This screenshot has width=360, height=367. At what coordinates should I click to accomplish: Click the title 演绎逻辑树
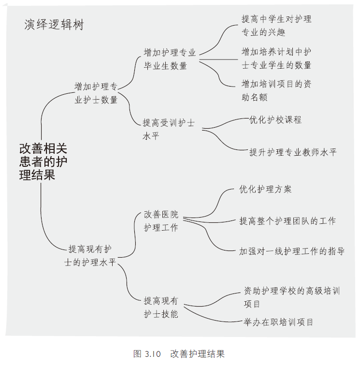(54, 25)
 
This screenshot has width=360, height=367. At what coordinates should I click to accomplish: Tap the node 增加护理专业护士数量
(96, 93)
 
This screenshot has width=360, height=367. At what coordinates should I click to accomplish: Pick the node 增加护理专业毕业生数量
(170, 59)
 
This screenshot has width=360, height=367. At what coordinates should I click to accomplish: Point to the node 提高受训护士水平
(169, 130)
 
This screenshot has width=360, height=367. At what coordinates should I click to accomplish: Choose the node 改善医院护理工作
(161, 221)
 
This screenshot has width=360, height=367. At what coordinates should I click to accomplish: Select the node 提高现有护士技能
(161, 307)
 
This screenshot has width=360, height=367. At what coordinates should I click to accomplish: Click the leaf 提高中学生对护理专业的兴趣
(276, 26)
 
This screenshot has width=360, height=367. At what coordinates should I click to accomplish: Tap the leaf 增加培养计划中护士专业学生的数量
(276, 58)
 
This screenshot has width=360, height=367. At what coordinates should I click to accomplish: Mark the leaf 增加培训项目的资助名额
(276, 90)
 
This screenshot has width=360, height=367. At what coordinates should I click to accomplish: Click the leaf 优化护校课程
(275, 119)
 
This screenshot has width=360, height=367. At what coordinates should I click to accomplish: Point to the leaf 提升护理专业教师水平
(293, 152)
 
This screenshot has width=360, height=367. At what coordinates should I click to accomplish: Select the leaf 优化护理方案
(265, 189)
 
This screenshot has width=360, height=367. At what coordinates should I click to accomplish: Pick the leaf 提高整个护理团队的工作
(288, 221)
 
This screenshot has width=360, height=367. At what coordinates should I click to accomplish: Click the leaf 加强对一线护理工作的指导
(292, 251)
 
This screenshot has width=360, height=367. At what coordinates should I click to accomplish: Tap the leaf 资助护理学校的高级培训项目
(292, 297)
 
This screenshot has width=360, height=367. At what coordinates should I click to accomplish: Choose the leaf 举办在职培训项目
(278, 322)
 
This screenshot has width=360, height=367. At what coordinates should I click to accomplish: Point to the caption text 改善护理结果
(197, 353)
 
